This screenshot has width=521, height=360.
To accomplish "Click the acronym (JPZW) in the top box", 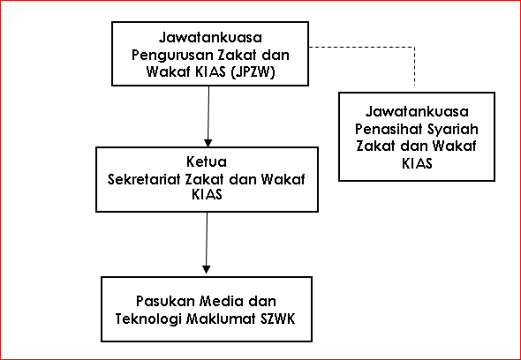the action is pos(253,72).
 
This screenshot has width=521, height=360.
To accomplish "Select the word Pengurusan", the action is pos(172,55).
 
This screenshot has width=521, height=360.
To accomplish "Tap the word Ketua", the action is pos(207,162).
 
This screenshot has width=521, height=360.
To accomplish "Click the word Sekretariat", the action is pos(145,180).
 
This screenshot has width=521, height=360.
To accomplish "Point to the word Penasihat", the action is pos(389,129).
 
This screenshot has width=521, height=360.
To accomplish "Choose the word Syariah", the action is pos(453,130).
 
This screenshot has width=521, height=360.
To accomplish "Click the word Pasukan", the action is pos(165,301).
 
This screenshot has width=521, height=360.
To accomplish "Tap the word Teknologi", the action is pos(147,319).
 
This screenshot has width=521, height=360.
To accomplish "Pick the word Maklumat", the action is pos(220,319).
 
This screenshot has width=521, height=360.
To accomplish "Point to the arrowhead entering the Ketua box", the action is pos(208,143).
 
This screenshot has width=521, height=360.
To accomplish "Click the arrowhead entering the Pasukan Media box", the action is pos(207,270).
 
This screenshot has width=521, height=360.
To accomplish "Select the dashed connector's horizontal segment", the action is pos(362,47).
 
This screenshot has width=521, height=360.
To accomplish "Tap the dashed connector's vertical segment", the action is pos(415,66).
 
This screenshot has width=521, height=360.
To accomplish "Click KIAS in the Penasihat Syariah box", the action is pos(418,164).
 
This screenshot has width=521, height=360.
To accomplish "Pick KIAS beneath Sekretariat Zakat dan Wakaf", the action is pos(207,194).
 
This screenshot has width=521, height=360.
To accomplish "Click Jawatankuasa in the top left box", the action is pos(210,38).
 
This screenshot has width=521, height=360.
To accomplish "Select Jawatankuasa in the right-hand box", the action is pos(417,111).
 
